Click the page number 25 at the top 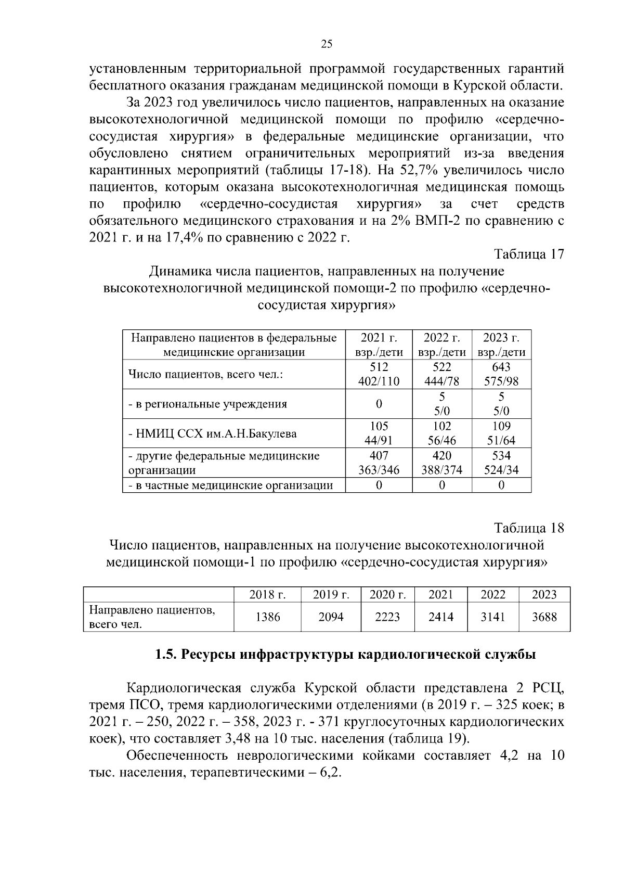[327, 44]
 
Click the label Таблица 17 [529, 254]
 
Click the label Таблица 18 [529, 528]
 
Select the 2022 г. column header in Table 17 [441, 344]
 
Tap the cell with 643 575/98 [501, 374]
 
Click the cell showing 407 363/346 [379, 463]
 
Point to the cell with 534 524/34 [501, 463]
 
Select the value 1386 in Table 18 [268, 617]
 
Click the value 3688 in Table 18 [544, 617]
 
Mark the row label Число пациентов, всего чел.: [205, 375]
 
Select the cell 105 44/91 [379, 433]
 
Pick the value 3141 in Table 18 [492, 617]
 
